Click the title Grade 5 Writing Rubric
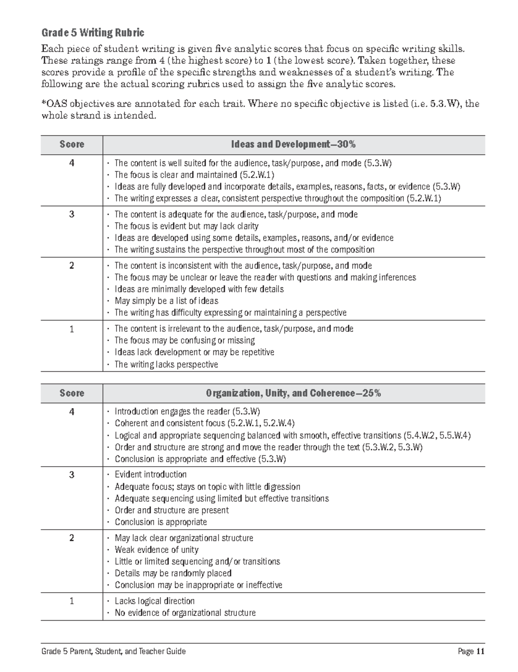92,33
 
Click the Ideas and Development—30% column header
293,144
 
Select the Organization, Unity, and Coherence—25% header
293,393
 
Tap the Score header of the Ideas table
72,144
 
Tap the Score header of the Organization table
72,393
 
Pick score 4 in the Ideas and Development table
72,163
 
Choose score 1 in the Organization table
72,601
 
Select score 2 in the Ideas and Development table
72,266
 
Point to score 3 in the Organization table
72,475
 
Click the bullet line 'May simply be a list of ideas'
166,301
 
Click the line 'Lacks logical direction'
155,601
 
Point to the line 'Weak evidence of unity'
156,550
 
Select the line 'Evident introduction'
150,474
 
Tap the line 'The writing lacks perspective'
166,364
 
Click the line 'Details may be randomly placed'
173,573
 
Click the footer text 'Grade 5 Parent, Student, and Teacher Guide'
114,651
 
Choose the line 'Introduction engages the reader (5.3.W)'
187,411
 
